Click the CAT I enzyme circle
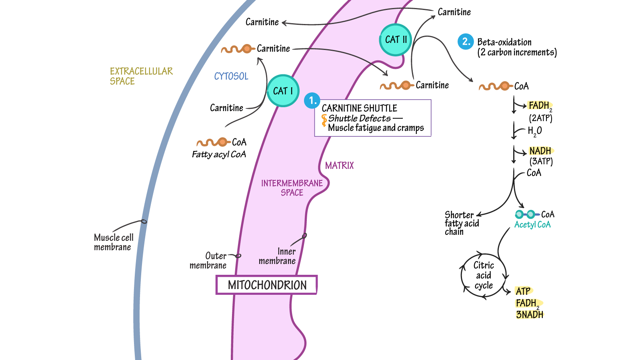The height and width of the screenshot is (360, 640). coord(283,91)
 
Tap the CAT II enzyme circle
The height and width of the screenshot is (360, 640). coord(396,40)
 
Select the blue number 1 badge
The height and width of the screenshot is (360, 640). coord(312,101)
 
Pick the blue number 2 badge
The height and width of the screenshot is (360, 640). coord(466,42)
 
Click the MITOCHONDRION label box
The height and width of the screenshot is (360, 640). coord(267,285)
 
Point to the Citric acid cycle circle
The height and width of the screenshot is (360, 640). coord(483,275)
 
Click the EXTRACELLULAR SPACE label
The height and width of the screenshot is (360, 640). coord(141,76)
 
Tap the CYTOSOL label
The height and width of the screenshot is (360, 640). coord(231,76)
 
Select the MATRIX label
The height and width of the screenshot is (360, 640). coord(339,165)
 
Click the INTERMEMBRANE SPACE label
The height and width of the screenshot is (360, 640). coord(292,188)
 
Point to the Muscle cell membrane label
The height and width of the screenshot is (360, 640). coord(114,242)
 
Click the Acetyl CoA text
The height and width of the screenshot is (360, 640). coord(532,225)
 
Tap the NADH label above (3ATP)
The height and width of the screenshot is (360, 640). coord(540,151)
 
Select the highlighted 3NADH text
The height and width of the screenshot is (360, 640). coord(530,314)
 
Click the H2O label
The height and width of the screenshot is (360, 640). coord(535,131)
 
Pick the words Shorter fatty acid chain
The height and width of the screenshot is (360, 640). coord(462,223)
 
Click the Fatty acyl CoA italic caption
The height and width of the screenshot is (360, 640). coord(219,154)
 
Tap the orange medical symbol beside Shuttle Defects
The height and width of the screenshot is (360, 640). coord(324,120)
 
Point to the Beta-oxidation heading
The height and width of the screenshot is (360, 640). coord(504,42)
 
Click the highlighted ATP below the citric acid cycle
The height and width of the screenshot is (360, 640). coord(523,291)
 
